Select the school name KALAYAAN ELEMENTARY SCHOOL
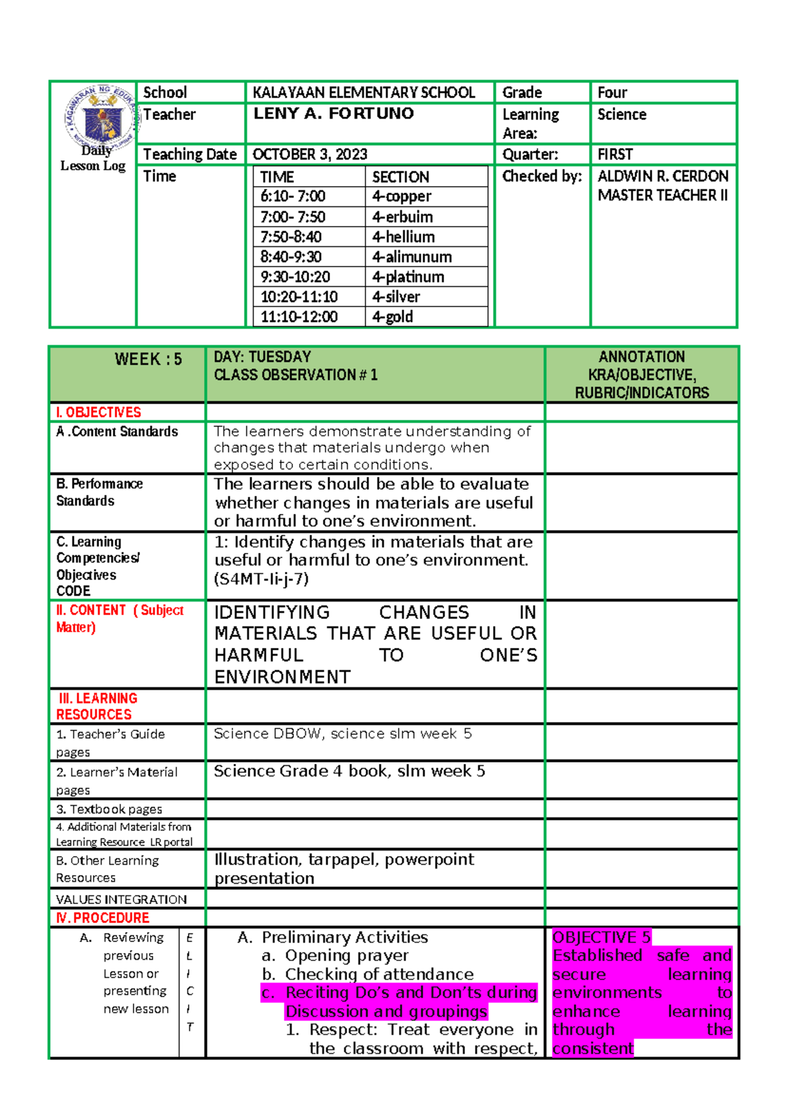point(364,92)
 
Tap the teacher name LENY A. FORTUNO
point(333,114)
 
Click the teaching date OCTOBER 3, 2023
point(310,154)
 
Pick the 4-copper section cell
point(402,197)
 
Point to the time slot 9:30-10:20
point(295,277)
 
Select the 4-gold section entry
point(392,317)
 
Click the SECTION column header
point(400,177)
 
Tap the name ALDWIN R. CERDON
point(663,176)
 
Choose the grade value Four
point(612,92)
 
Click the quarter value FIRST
point(615,154)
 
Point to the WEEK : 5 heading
point(148,359)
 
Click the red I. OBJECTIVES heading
point(98,412)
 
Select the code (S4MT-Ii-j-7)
point(261,579)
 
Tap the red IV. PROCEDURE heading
point(103,918)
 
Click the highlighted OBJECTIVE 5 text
point(601,937)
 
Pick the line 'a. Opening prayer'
point(335,956)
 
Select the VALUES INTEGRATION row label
point(121,899)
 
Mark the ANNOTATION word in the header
point(641,357)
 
